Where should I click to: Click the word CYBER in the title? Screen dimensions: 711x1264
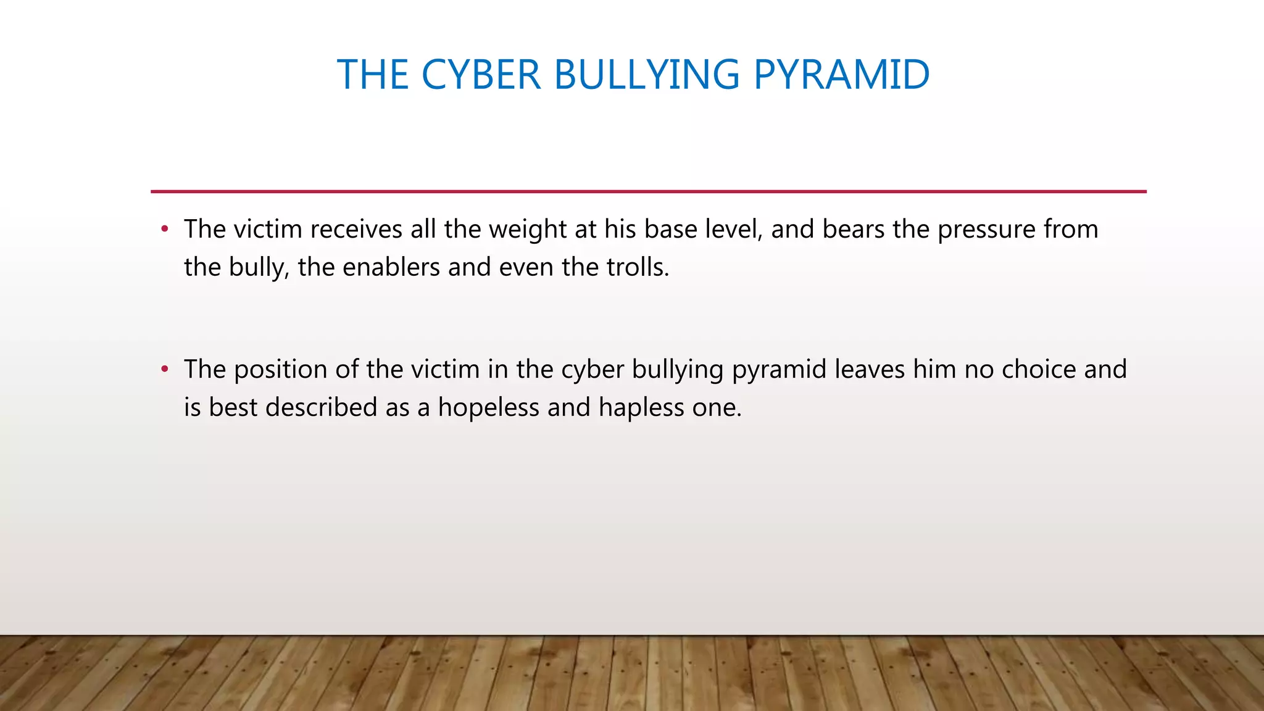481,75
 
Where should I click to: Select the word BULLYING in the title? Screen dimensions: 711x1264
646,75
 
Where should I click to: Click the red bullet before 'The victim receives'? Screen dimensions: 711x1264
164,230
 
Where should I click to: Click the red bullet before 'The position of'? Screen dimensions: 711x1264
164,370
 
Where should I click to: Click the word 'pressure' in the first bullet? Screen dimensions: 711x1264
986,230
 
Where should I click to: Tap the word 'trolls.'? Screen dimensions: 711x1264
638,267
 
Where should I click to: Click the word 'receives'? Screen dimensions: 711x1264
356,230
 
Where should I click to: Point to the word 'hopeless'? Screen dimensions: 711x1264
488,408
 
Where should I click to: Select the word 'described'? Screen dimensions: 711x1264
321,408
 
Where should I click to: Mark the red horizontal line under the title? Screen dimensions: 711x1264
648,191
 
